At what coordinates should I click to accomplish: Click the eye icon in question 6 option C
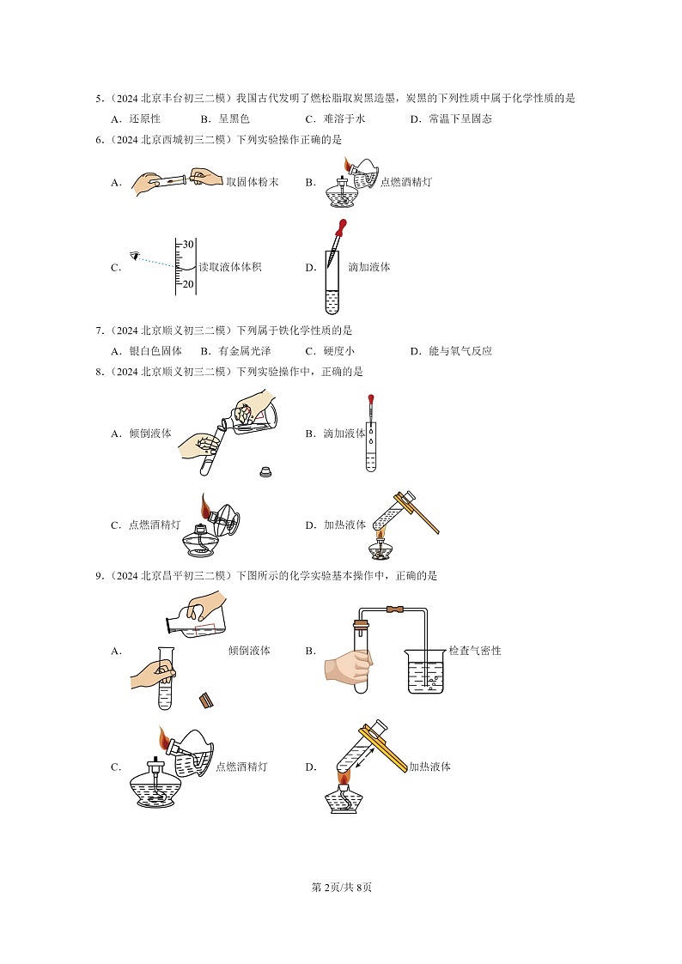coord(133,255)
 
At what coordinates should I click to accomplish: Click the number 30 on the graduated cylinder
coord(188,245)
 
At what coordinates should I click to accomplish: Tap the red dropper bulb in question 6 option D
coord(341,229)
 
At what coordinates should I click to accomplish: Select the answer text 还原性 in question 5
coord(144,119)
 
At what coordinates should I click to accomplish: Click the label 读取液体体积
coord(229,267)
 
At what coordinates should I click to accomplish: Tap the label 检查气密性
coord(475,651)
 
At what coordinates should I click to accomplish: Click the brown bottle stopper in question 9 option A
coord(206,700)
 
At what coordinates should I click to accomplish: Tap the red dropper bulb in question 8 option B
coord(371,399)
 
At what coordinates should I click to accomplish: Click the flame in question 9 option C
coord(163,737)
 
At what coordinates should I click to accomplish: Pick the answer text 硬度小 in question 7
coord(338,351)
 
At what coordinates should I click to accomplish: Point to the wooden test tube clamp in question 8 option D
coord(421,512)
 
